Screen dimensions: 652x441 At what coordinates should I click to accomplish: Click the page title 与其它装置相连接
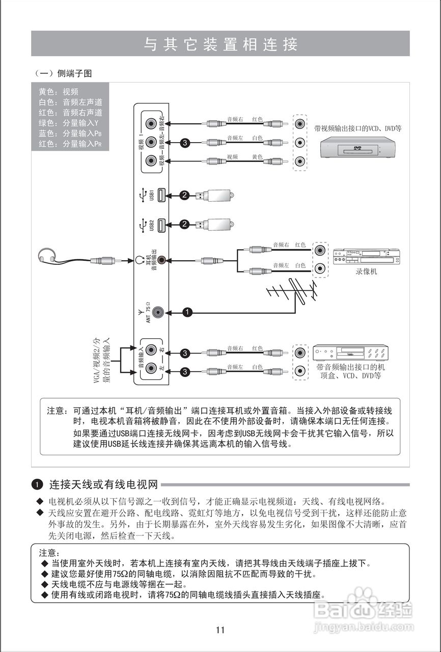[220, 44]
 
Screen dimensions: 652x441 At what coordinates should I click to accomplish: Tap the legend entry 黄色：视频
[58, 92]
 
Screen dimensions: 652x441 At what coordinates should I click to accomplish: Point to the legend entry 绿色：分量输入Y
[68, 123]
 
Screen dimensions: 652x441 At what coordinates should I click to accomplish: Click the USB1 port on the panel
[161, 195]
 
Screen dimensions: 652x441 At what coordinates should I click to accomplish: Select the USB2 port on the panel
[161, 224]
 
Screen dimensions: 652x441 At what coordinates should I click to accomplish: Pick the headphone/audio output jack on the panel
[161, 260]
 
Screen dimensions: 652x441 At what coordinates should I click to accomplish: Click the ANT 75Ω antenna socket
[158, 312]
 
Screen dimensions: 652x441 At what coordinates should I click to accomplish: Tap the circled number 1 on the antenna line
[187, 312]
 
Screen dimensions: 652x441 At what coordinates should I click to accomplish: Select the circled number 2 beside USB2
[184, 224]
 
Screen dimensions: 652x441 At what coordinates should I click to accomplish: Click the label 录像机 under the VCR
[366, 272]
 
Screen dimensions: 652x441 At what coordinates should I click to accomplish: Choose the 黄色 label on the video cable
[257, 156]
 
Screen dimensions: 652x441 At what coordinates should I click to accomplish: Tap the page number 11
[220, 630]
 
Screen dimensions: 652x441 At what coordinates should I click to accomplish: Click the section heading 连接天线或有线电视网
[103, 484]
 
